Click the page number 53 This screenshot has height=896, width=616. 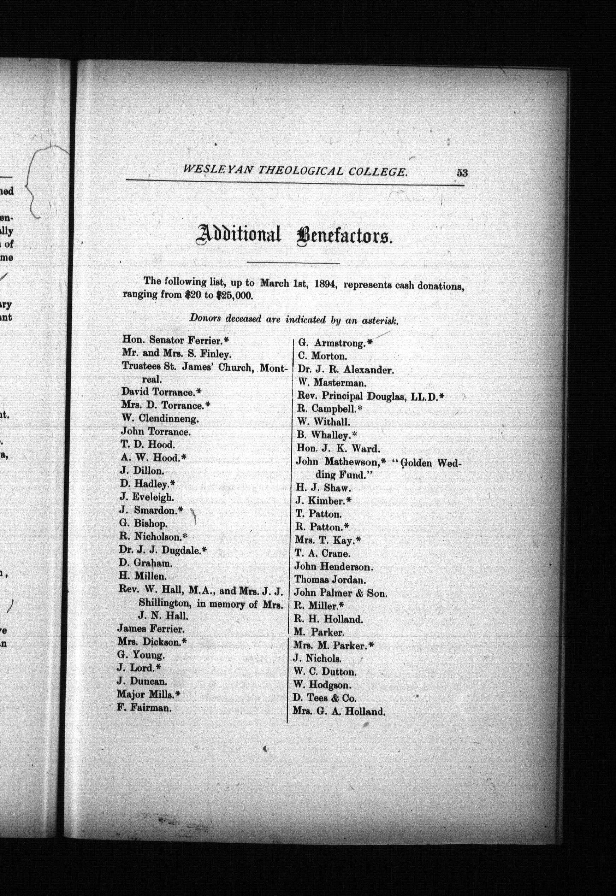(462, 172)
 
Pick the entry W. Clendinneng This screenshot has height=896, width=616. (160, 418)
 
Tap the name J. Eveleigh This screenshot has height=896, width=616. (147, 497)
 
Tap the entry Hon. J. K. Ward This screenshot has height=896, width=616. (338, 448)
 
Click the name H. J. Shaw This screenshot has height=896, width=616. (323, 488)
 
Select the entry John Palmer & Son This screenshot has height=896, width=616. (340, 593)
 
